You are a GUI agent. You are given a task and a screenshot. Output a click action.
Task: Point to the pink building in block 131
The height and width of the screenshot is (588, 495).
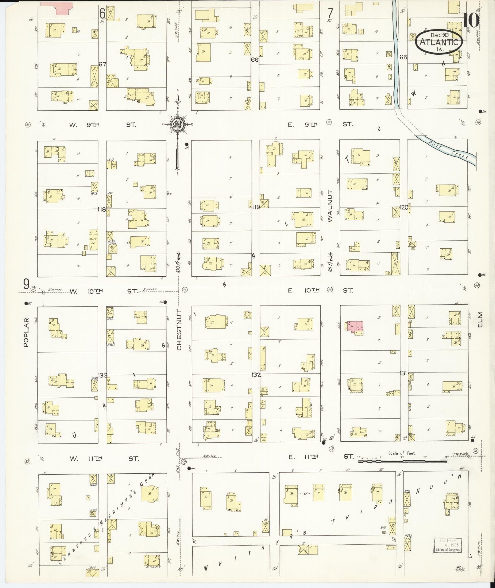pyautogui.click(x=355, y=326)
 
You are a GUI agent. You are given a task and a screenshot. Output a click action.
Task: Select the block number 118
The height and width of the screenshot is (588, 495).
pyautogui.click(x=102, y=210)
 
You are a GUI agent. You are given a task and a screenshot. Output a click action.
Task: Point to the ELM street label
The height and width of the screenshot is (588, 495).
pyautogui.click(x=480, y=320)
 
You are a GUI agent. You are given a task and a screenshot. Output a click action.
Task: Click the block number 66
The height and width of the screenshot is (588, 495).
pyautogui.click(x=255, y=60)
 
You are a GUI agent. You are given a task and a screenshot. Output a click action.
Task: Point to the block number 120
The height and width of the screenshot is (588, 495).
pyautogui.click(x=404, y=207)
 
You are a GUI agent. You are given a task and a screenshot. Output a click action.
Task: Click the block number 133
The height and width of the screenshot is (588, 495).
pyautogui.click(x=103, y=375)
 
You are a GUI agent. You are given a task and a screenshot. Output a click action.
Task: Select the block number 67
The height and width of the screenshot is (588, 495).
pyautogui.click(x=102, y=64)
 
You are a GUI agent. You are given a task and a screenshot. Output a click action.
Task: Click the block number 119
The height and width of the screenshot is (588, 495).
pyautogui.click(x=256, y=207)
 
